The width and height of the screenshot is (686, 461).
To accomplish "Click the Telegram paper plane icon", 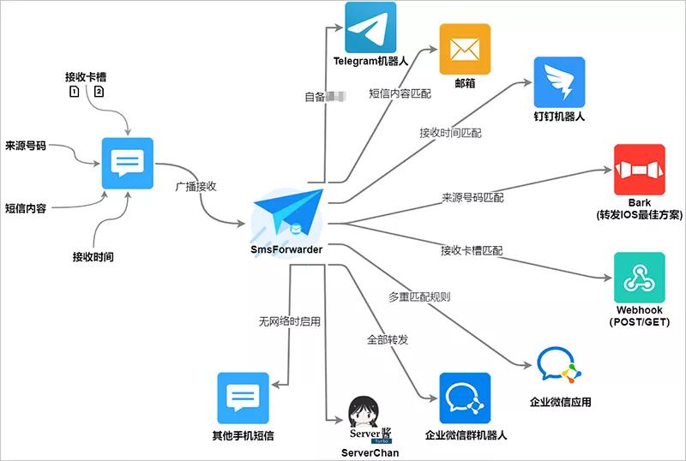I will tap(370, 27).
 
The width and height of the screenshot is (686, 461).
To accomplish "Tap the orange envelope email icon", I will tap(465, 50).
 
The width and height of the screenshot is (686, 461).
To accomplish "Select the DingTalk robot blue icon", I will tap(559, 82).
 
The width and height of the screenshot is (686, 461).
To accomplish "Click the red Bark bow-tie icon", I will tap(640, 170).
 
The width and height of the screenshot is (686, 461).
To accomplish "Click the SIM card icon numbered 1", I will tap(75, 92).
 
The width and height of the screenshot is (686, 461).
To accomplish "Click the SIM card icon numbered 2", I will tap(99, 92).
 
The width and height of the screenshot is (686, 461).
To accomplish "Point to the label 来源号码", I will tap(27, 145).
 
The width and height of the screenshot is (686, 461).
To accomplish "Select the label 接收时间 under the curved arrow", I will tap(93, 257).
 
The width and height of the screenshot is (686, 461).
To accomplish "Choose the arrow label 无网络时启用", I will tap(289, 322).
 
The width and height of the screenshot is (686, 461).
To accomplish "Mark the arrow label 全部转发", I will tap(388, 339).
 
